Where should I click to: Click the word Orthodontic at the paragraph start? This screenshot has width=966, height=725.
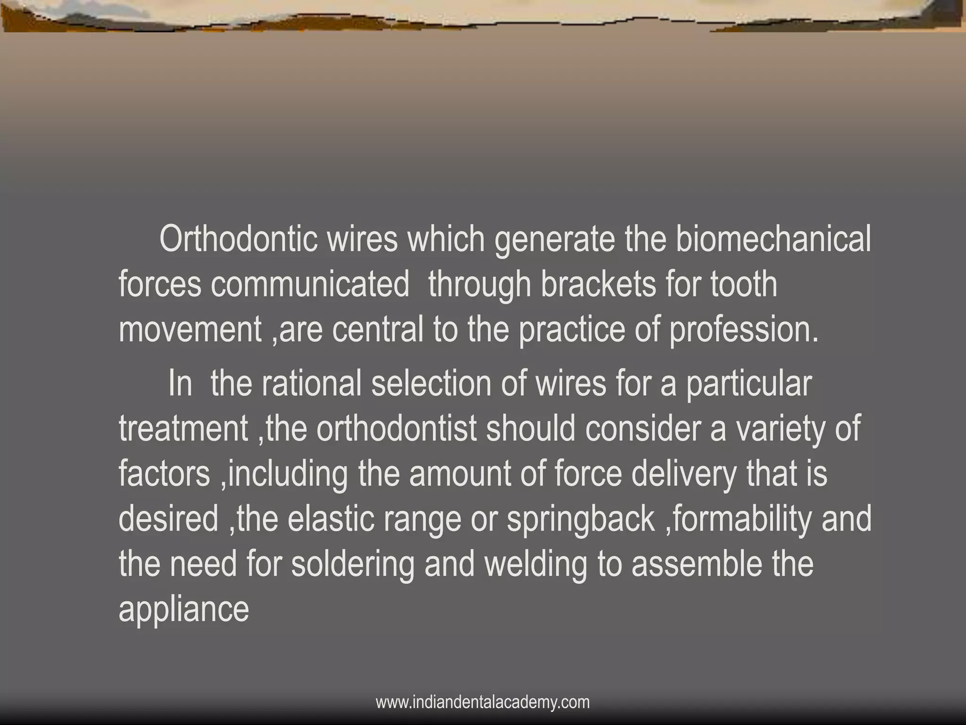[x=238, y=239]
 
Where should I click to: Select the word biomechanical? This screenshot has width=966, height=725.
[x=773, y=239]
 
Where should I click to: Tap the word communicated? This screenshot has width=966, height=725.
[x=310, y=285]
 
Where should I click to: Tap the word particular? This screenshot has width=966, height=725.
[x=749, y=383]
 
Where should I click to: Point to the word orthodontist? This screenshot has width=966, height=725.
[x=396, y=429]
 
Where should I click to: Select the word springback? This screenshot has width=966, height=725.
[x=581, y=519]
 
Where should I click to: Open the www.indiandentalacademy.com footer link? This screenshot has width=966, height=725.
[x=483, y=702]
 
